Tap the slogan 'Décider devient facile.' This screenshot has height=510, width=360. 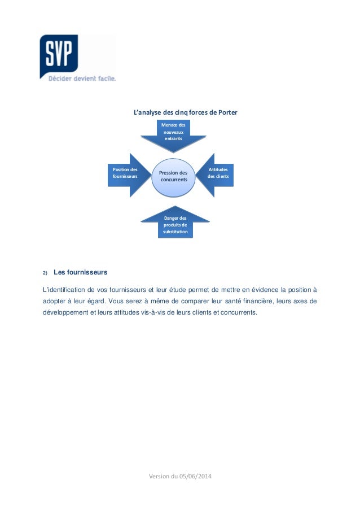81,79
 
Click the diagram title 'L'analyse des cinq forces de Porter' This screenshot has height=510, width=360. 185,112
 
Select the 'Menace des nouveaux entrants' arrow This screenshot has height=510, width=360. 173,133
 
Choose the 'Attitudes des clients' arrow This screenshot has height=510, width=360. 217,174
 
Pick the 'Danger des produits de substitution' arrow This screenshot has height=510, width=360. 175,224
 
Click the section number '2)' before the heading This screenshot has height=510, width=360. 46,273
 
